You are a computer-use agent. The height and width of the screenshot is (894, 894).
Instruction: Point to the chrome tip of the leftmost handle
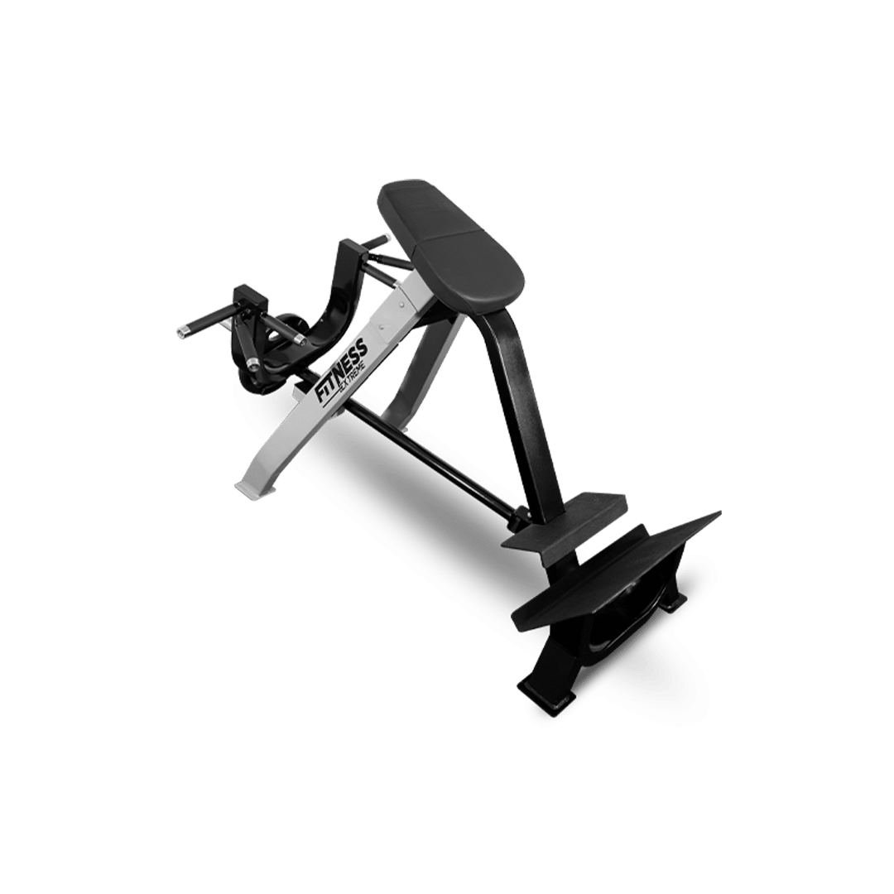(x=181, y=330)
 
